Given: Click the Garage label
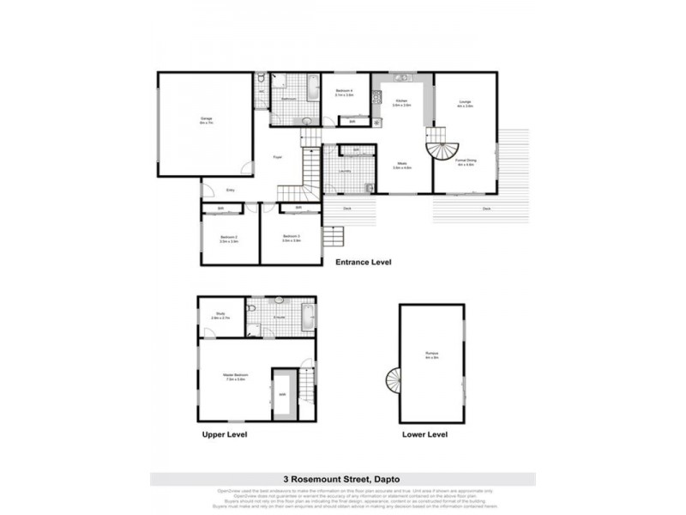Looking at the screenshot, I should pyautogui.click(x=206, y=119).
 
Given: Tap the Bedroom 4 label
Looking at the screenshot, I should pyautogui.click(x=345, y=92).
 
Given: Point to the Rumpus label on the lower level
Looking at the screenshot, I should pyautogui.click(x=431, y=354).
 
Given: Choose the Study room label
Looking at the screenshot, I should pyautogui.click(x=220, y=314).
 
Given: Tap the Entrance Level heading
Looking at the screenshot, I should pyautogui.click(x=363, y=262).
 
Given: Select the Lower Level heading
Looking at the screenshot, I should pyautogui.click(x=424, y=434).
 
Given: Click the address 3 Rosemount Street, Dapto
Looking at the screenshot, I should pyautogui.click(x=343, y=479).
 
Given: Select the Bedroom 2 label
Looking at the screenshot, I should pyautogui.click(x=228, y=239).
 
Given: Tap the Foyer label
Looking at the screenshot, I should pyautogui.click(x=277, y=157).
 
